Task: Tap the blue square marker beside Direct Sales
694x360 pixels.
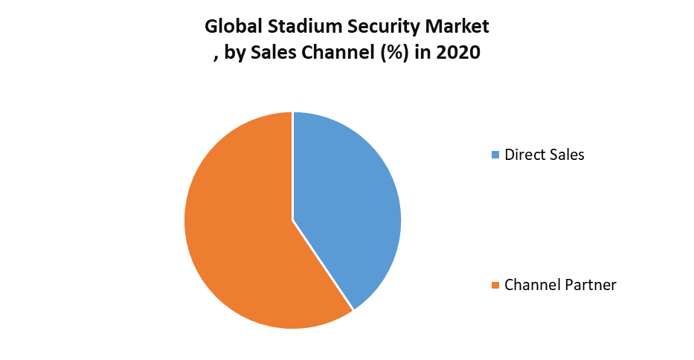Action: tap(496, 155)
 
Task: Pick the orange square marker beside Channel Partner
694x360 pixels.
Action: tap(496, 285)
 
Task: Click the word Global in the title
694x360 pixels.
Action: tap(231, 28)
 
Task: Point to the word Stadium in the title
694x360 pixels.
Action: tap(303, 28)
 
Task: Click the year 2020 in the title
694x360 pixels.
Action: tap(457, 54)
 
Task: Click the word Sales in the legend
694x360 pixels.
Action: tap(567, 155)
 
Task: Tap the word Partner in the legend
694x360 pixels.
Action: tap(590, 285)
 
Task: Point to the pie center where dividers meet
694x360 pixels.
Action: tap(293, 220)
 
